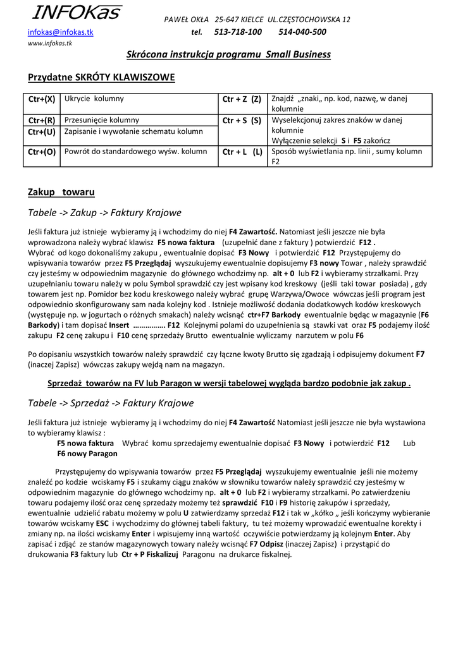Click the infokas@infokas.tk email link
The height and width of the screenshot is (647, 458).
pos(60,32)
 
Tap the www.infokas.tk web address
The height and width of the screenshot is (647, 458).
pos(50,44)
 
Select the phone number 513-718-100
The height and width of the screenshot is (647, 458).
pos(238,32)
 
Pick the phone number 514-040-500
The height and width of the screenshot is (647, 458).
pos(302,32)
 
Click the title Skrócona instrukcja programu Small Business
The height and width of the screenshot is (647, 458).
pos(228,54)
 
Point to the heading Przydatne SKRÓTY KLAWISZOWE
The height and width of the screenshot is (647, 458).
pos(101,78)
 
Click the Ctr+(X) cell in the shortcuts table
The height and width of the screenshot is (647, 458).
pos(42,99)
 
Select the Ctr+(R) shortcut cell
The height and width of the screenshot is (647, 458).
pos(42,120)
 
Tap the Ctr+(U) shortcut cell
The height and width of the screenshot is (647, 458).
pos(42,131)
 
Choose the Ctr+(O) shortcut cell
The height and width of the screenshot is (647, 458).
pos(42,152)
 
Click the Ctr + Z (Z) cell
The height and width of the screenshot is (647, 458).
pos(242,99)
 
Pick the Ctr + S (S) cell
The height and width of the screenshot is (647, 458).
pos(242,120)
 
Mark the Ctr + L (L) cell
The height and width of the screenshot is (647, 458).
pos(242,152)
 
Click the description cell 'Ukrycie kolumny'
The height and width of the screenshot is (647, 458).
pos(94,99)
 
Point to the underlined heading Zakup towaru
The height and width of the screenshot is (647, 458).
pos(61,192)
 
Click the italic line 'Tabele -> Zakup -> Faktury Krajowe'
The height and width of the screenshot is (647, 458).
pos(104,212)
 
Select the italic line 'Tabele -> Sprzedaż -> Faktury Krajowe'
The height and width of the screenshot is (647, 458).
pos(111,403)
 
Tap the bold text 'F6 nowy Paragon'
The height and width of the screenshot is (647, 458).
pos(87,454)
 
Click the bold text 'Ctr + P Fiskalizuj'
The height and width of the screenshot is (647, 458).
pos(151,554)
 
